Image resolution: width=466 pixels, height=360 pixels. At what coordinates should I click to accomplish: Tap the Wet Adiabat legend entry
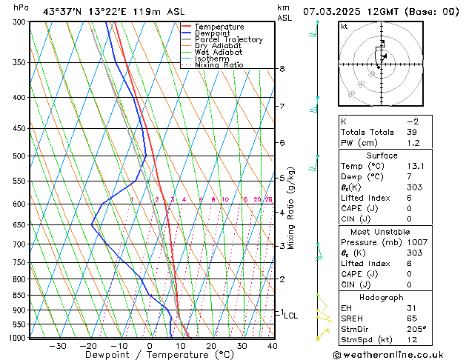(218, 53)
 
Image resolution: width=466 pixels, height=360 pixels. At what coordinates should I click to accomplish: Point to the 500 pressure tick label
(19, 156)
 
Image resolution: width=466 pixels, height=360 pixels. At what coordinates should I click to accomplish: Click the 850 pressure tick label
(19, 296)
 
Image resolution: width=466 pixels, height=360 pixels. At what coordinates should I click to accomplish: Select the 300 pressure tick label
(19, 22)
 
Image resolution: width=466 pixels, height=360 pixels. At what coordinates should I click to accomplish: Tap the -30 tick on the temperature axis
(58, 346)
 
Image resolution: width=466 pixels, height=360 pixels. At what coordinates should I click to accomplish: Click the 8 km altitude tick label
(282, 69)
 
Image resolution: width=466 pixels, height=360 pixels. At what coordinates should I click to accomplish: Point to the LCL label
(291, 316)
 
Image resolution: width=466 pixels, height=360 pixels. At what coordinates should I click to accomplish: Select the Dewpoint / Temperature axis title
(149, 355)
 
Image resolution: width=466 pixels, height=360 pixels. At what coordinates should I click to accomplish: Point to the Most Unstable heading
(382, 231)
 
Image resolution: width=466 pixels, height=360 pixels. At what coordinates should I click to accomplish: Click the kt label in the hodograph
(344, 26)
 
